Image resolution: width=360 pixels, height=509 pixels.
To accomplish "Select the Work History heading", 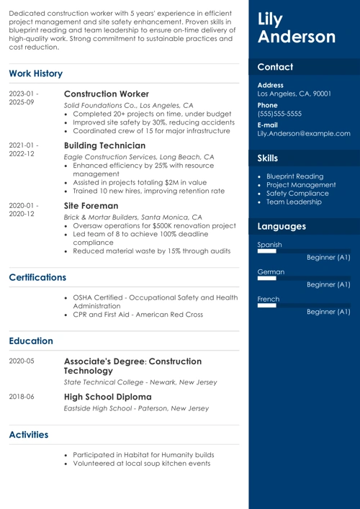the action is (x=35, y=73).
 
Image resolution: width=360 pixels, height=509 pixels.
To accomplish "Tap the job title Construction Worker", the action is (x=107, y=94).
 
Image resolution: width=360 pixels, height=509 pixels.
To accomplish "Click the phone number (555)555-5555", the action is (x=279, y=114).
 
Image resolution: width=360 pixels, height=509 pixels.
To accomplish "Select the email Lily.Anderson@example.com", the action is (x=304, y=133).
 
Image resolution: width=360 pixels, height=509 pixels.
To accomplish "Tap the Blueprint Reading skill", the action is (x=294, y=176).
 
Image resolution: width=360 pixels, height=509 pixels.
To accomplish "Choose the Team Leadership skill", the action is (x=294, y=202).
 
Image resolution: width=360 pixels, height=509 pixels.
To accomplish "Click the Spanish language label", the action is (x=269, y=245).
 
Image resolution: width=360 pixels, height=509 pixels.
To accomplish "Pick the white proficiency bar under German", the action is (x=266, y=278).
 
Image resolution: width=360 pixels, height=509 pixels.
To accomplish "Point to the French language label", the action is (x=268, y=299).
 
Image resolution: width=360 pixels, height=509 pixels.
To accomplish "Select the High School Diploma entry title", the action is (x=108, y=397).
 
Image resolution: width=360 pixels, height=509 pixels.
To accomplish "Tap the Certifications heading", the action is (x=37, y=277).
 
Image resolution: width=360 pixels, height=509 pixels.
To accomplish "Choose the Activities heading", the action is (x=29, y=434).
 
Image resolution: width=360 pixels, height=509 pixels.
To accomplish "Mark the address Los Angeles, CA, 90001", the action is (x=294, y=94).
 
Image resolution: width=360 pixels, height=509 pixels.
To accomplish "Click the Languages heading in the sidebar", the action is (x=282, y=226).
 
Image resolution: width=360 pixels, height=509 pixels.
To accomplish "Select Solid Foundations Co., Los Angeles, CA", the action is (x=128, y=105).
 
